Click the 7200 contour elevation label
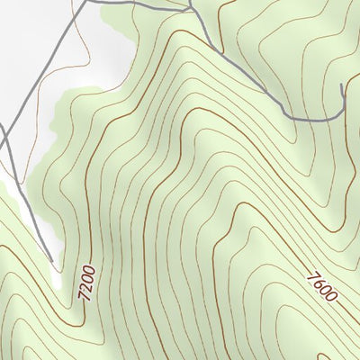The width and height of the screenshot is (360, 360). (x=87, y=283)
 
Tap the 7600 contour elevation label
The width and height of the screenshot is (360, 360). (x=321, y=286)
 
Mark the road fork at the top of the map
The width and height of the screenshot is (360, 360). (x=191, y=10)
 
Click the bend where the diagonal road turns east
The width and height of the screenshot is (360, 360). (x=286, y=114)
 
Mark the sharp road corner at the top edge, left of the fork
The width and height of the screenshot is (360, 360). (x=88, y=2)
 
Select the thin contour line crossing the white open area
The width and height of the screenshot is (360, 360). (x=77, y=54)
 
